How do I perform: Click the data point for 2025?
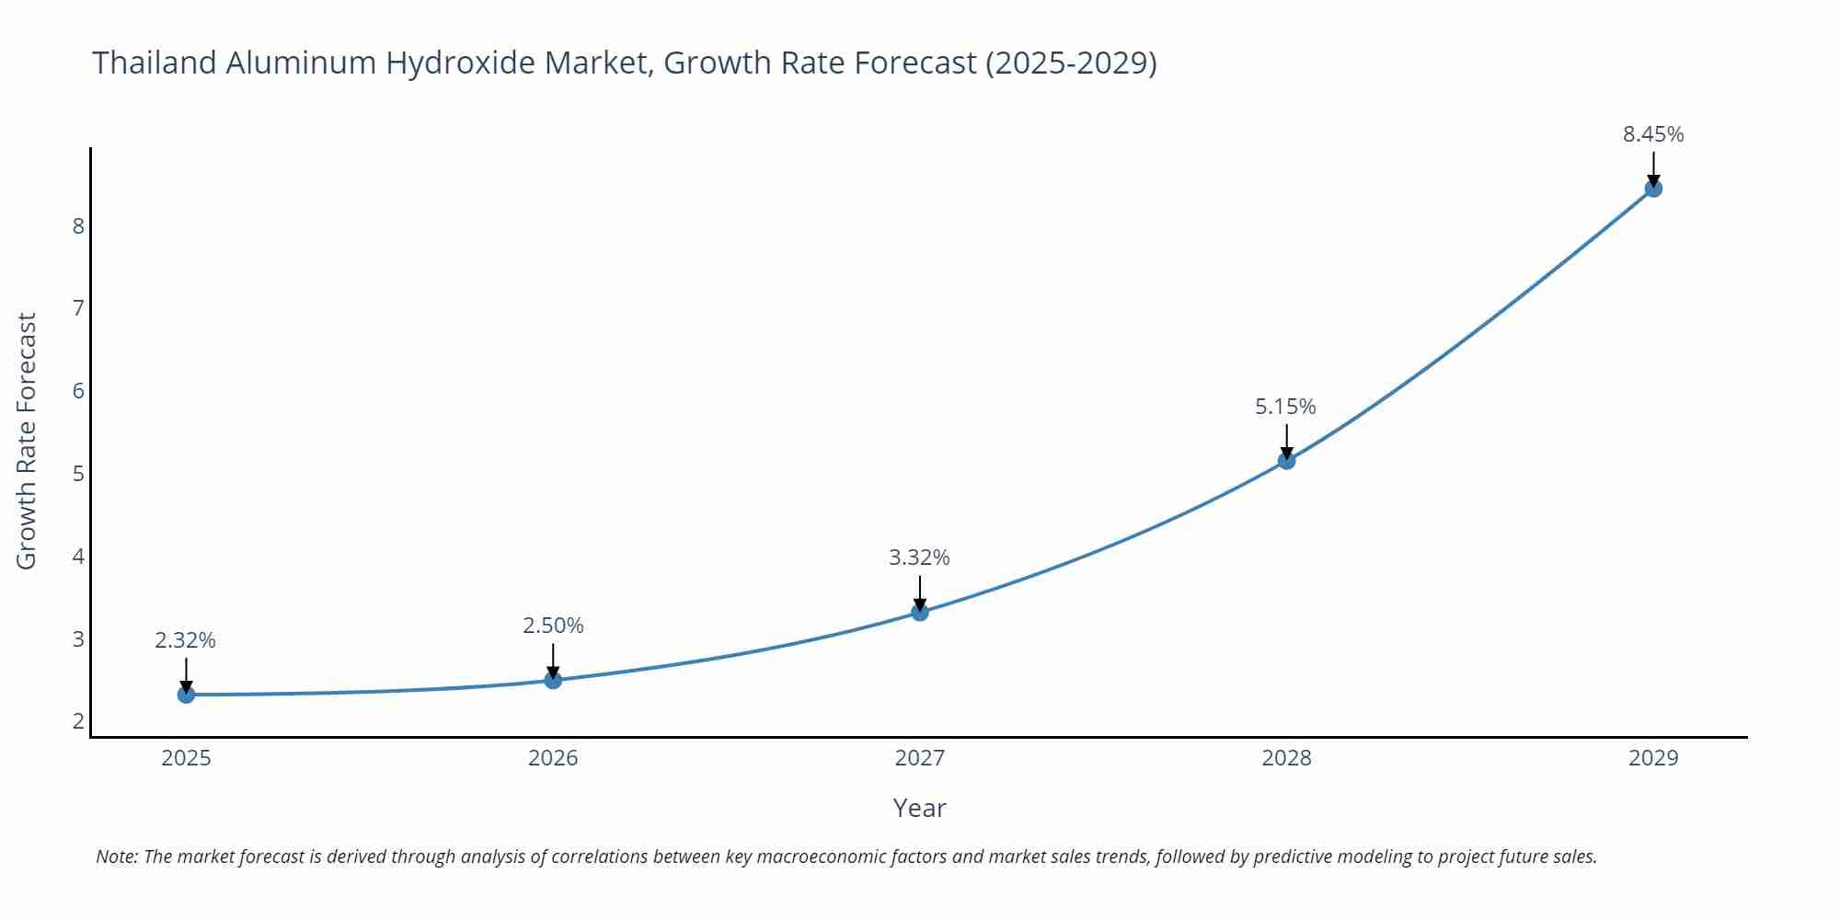point(186,695)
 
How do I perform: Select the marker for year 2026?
point(553,680)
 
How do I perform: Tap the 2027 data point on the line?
point(920,612)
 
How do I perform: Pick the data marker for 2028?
point(1286,460)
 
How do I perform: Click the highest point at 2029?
point(1653,189)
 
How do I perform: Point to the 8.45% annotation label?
point(1653,134)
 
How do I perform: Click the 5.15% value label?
point(1285,406)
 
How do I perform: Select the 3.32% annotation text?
point(919,558)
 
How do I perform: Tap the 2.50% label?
point(553,626)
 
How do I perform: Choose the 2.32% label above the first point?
point(185,640)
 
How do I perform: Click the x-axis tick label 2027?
point(919,758)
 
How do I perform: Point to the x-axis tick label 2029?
point(1653,758)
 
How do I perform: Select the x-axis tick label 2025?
point(186,758)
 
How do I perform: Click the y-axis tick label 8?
point(78,225)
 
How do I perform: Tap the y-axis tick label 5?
point(78,474)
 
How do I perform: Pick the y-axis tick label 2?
point(78,721)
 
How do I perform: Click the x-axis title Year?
point(919,808)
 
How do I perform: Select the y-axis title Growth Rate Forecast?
point(27,441)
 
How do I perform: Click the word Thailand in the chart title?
point(155,63)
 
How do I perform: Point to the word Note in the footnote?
point(116,857)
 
